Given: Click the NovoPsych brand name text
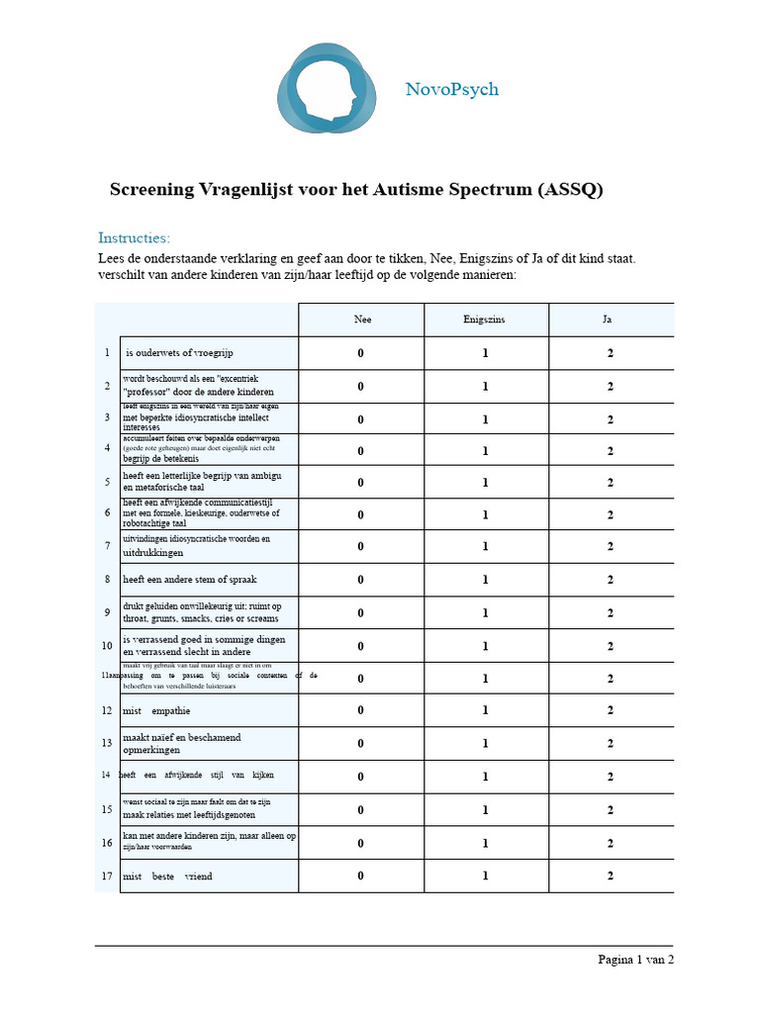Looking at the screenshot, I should point(451,89).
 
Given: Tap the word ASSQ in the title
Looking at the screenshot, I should point(567,190).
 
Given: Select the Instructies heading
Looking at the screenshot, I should point(134,237).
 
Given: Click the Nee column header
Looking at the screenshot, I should point(362,320).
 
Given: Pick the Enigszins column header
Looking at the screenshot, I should point(485,320).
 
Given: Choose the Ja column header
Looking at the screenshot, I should point(611,320).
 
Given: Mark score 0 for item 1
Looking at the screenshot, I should point(361,353).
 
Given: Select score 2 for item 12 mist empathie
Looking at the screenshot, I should point(611,710).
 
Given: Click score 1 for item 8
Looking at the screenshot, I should point(485,580).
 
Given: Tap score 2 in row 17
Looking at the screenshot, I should point(611,875).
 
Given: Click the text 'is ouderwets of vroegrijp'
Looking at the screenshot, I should point(179,353).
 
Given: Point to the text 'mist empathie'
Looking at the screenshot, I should point(156,710).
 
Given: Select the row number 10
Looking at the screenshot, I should point(107,646).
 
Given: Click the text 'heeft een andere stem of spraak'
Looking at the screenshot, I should point(189,580).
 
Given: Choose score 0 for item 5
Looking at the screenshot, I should point(361,483).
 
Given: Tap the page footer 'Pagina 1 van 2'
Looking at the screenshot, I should point(635,959).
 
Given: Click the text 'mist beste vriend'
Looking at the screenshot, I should point(166,876).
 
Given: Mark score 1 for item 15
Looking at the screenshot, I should point(485,810).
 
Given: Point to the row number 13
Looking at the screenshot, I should point(107,743).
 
